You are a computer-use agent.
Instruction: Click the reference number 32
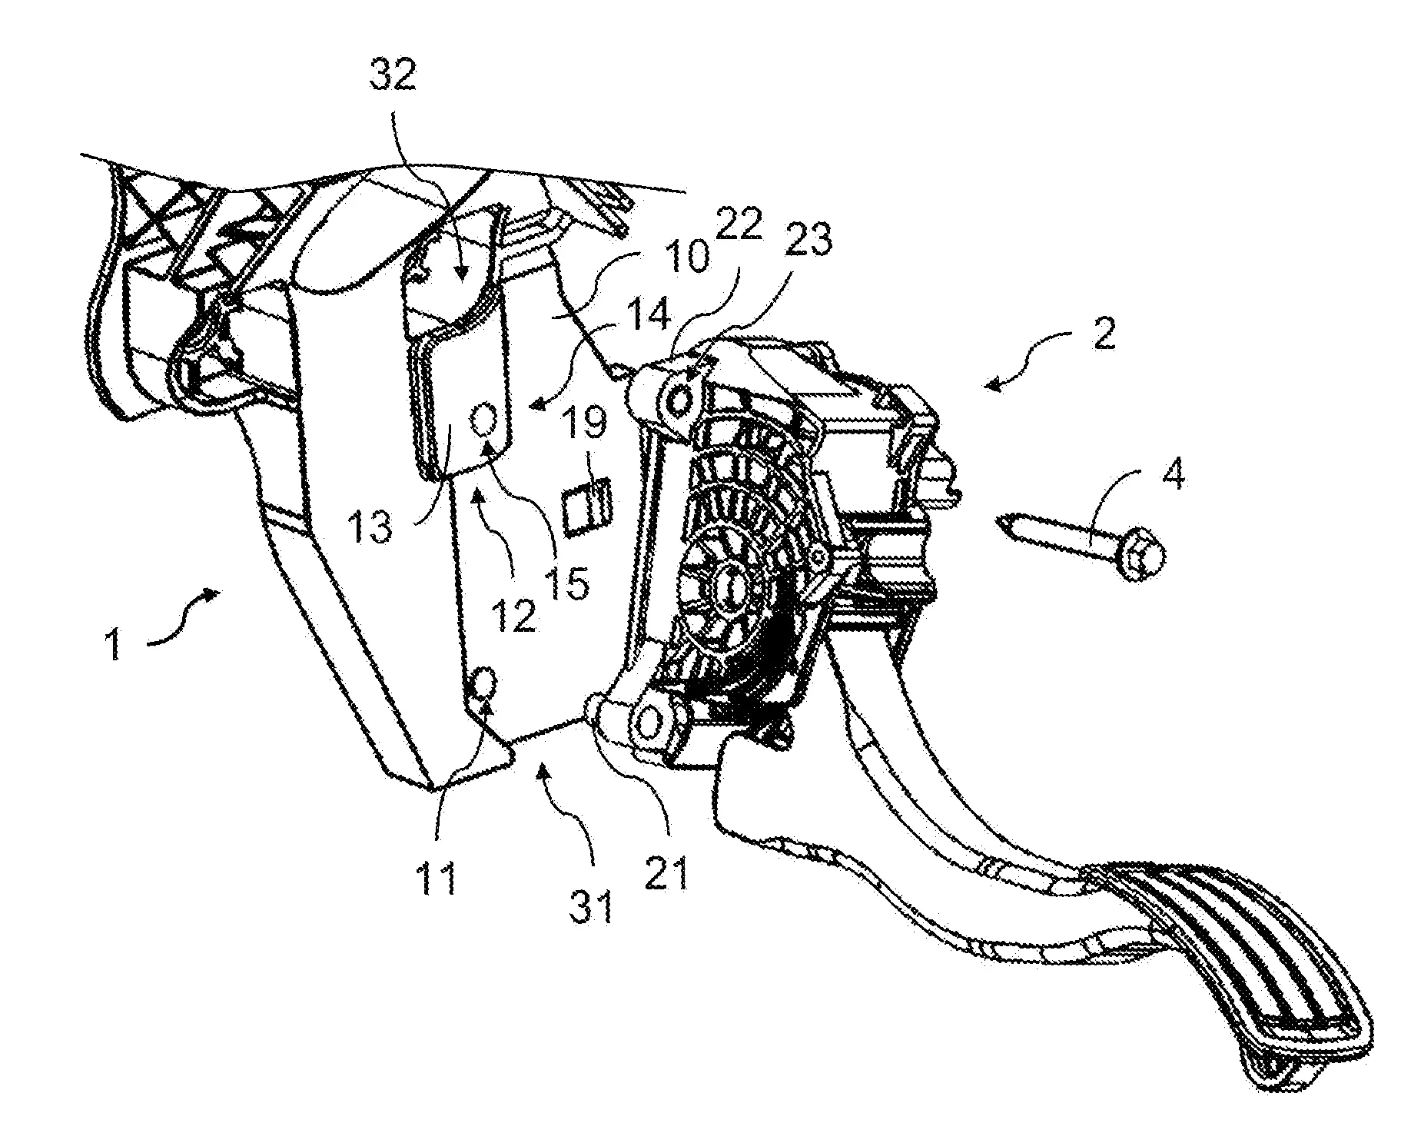[x=393, y=75]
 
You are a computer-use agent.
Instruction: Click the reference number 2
[x=1104, y=334]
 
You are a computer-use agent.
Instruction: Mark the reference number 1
[x=115, y=643]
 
